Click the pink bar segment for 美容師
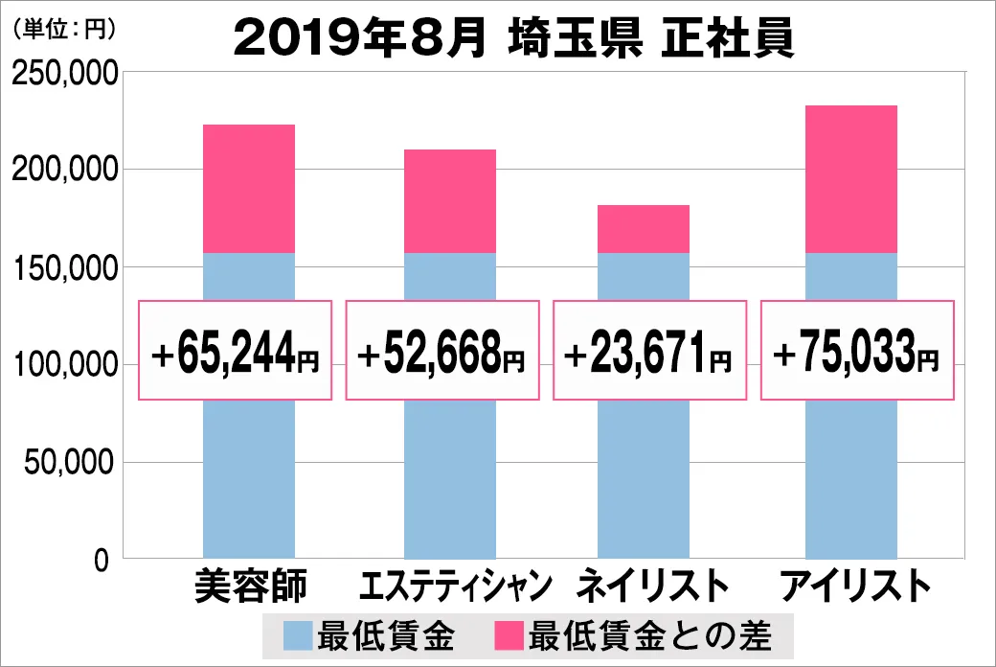point(249,189)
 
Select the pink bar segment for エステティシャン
point(450,201)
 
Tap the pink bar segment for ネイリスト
point(644,229)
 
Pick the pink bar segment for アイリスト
point(851,179)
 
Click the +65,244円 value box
point(236,351)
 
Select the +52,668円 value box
point(441,351)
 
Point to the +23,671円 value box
point(649,351)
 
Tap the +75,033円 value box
point(857,351)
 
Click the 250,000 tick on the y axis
point(64,74)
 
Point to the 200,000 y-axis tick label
point(64,171)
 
